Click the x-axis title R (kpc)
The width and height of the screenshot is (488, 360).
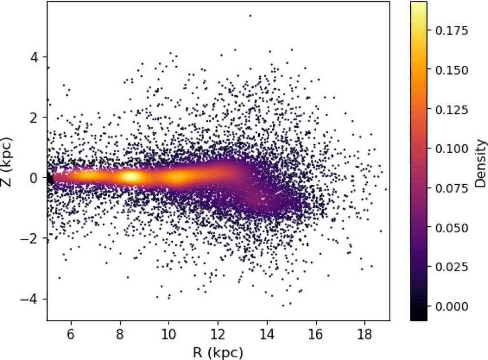click(x=218, y=352)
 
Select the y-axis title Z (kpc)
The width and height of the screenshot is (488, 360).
click(x=7, y=161)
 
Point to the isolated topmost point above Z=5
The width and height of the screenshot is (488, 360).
click(x=250, y=16)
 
